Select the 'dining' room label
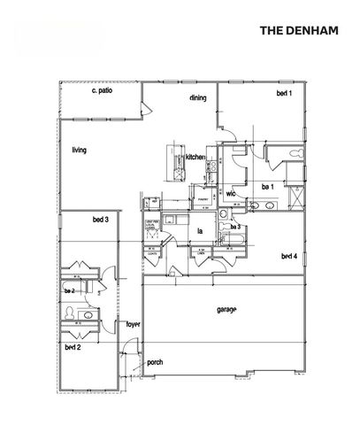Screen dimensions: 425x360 pyautogui.click(x=198, y=98)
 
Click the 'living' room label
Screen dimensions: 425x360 pyautogui.click(x=79, y=151)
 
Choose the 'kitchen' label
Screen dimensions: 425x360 pyautogui.click(x=195, y=158)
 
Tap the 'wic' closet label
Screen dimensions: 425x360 pyautogui.click(x=230, y=192)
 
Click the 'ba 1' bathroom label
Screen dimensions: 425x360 pyautogui.click(x=267, y=187)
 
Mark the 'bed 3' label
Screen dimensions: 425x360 pyautogui.click(x=100, y=220)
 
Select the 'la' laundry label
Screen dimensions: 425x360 pyautogui.click(x=201, y=233)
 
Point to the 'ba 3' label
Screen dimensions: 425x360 pyautogui.click(x=236, y=228)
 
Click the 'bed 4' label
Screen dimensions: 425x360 pyautogui.click(x=288, y=257)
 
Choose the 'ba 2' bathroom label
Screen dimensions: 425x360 pyautogui.click(x=68, y=290)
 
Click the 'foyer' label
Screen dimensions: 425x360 pyautogui.click(x=134, y=324)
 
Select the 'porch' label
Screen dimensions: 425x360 pyautogui.click(x=155, y=361)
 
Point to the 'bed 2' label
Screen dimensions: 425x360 pyautogui.click(x=73, y=348)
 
